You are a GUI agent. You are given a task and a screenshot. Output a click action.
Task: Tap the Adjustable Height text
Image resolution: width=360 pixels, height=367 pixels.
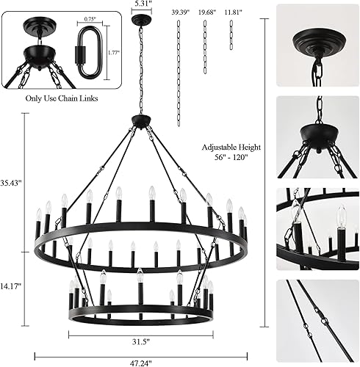[230, 148]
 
